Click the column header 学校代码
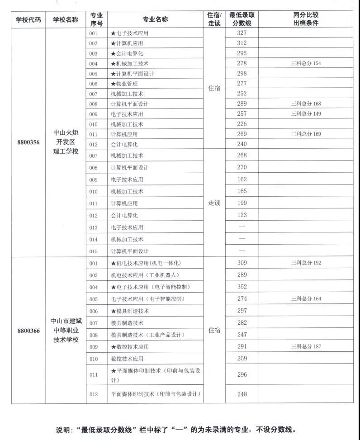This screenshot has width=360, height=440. pos(28,19)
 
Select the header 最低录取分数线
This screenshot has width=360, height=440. pos(242,19)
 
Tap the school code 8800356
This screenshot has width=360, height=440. pos(28,142)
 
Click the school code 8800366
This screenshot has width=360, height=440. pos(28,331)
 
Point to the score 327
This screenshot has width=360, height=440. pos(242,33)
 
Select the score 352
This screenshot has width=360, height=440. pos(242,287)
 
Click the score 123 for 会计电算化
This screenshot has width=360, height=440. pos(242,215)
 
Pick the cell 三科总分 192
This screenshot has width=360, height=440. pos(306,263)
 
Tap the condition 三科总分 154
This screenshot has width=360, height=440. pos(306,63)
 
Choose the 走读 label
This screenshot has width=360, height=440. pos(214,203)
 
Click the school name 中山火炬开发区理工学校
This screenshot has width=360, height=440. pos(66,142)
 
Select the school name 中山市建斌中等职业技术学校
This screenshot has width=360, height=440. pos(66,331)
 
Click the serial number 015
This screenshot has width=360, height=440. pos(94,251)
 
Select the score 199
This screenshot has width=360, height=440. pos(242,203)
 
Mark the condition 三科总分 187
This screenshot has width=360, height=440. pos(306,347)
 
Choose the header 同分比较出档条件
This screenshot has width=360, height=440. pos(306,19)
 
